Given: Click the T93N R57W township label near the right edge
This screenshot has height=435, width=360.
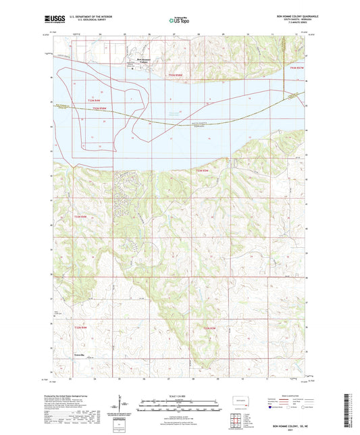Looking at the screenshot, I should (297, 68).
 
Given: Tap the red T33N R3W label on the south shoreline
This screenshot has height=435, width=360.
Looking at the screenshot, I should (203, 171).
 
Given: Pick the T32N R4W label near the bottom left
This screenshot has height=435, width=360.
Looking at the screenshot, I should (80, 328).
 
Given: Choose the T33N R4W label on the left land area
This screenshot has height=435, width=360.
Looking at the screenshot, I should (81, 216).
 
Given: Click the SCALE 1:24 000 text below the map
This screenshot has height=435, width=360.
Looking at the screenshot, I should (179, 396).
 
